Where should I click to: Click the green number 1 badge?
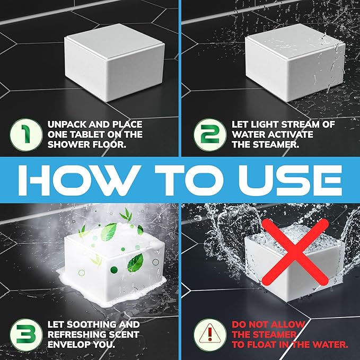pos(26,135)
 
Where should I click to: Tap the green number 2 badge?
pos(210,135)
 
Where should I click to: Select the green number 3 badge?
pos(26,335)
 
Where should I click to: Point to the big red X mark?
pos(295,252)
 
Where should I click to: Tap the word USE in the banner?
pos(291,180)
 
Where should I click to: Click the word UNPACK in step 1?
pos(67,125)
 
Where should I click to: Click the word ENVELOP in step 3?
pos(69,345)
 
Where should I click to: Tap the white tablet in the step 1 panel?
pos(115,63)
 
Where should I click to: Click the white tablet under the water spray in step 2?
pos(295,63)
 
